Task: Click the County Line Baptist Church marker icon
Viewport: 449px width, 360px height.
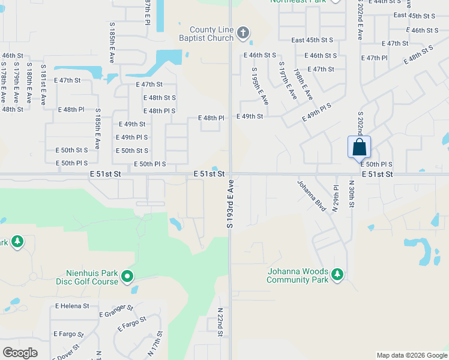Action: click(243, 33)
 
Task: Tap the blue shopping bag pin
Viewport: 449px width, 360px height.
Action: click(359, 148)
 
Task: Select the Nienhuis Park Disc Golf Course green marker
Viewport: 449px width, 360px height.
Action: click(127, 277)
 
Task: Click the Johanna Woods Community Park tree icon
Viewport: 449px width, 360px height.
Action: click(338, 275)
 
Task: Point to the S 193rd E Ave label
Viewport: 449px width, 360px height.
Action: click(229, 206)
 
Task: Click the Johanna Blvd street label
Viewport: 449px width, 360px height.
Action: click(312, 196)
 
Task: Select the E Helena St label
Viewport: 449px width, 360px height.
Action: click(71, 305)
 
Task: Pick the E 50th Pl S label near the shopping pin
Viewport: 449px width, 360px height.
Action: click(376, 164)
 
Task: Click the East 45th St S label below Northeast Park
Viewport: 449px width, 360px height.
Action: click(312, 40)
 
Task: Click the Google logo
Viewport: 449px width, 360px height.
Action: click(20, 352)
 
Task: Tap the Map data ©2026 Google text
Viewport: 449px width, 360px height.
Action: click(411, 355)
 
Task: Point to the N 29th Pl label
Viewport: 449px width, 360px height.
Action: click(336, 198)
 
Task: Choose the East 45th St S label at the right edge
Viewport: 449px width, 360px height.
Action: click(414, 15)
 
